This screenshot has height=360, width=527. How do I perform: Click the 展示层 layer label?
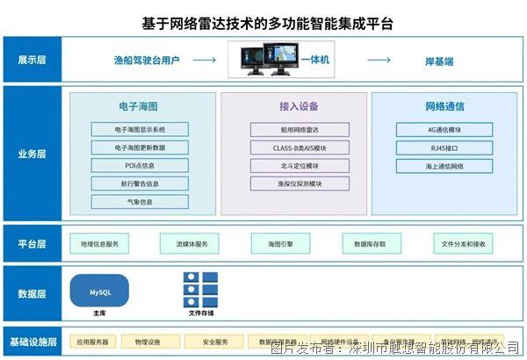click(x=32, y=60)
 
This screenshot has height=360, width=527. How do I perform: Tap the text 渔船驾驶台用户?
click(x=147, y=60)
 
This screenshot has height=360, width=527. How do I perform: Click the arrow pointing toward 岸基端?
click(x=379, y=60)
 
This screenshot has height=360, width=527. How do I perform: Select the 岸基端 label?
click(x=439, y=60)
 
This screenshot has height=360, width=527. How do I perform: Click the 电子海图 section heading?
click(x=139, y=106)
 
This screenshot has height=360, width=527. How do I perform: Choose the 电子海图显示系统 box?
click(x=139, y=129)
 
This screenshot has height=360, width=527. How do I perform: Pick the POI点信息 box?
click(x=139, y=165)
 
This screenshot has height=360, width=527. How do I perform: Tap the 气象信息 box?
click(x=139, y=201)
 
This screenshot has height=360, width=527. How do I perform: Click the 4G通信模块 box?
click(x=444, y=129)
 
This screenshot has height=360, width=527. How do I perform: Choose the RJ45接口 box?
click(x=444, y=148)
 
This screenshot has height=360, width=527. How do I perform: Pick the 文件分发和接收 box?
click(x=462, y=243)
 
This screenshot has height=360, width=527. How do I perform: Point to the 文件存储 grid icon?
click(x=200, y=289)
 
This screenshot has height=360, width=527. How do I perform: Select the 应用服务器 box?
click(x=92, y=342)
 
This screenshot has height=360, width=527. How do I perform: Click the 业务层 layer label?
click(x=32, y=154)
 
